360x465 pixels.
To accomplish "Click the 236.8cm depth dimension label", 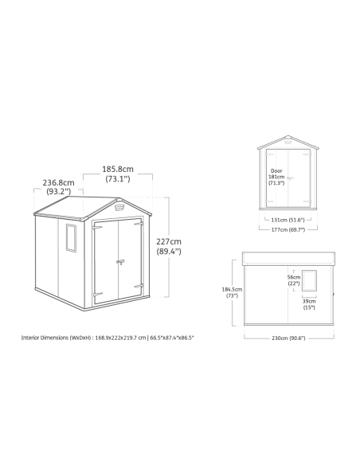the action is [58, 187].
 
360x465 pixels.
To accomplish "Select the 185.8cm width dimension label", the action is [118, 174].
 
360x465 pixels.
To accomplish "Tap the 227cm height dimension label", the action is [169, 246].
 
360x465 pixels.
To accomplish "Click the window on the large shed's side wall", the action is [71, 238].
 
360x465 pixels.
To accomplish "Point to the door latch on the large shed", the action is [120, 262].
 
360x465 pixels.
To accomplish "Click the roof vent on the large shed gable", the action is [119, 207].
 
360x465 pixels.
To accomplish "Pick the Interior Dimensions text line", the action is [108, 338].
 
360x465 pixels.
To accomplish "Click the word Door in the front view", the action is [276, 171].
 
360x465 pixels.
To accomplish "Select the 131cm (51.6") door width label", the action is [288, 220].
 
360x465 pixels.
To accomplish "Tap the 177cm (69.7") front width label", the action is [288, 229].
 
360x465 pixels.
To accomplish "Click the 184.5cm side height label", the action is [232, 292].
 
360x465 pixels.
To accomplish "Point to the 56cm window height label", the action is [294, 280].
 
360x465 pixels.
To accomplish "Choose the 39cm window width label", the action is [309, 304].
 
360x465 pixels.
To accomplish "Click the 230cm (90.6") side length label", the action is [288, 338].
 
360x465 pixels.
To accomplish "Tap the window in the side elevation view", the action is [309, 280].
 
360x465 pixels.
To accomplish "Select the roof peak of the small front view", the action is [288, 136].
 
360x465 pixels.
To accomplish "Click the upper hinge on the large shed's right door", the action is [139, 224].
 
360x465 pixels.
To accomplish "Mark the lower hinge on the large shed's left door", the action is [98, 295].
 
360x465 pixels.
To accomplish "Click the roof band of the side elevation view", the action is [288, 259].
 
